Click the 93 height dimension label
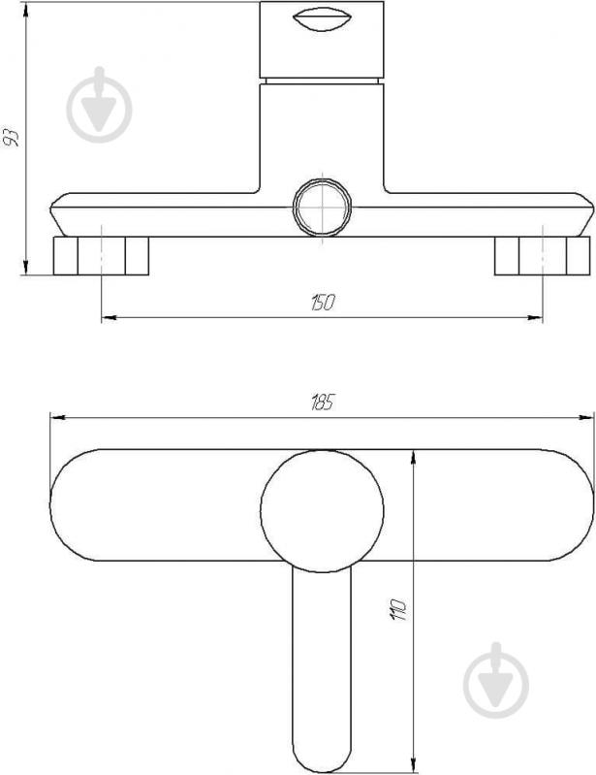11,138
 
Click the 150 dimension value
323,302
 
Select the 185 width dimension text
323,403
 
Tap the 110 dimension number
398,609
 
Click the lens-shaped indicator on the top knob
322,20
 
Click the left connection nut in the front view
101,256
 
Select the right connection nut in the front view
542,256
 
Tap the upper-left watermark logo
99,105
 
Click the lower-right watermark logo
496,681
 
